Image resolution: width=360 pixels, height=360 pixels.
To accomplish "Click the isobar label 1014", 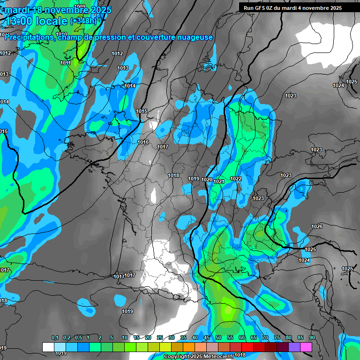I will coord(130,86).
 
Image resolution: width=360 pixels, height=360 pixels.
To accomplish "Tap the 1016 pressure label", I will coord(143,142).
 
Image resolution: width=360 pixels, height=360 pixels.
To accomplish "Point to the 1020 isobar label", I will coord(207,180).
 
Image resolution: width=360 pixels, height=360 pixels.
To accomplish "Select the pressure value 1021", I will coord(219,181).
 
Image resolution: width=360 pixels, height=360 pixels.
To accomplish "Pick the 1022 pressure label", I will coord(236,179).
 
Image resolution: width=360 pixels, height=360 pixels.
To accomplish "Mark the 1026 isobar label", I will coord(317,226).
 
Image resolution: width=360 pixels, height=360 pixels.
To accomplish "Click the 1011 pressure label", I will coord(65,63).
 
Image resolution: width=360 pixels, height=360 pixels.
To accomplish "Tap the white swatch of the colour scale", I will coord(48,347).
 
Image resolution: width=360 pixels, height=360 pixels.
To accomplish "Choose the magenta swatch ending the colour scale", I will coord(306,347).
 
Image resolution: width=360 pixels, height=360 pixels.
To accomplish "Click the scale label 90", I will coord(312,338).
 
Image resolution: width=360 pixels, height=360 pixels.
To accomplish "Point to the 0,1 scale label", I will coord(54,338).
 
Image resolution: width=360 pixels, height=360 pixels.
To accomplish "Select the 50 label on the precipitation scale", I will coord(218,338).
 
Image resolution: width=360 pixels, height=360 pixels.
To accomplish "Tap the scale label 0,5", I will coord(78,338).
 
